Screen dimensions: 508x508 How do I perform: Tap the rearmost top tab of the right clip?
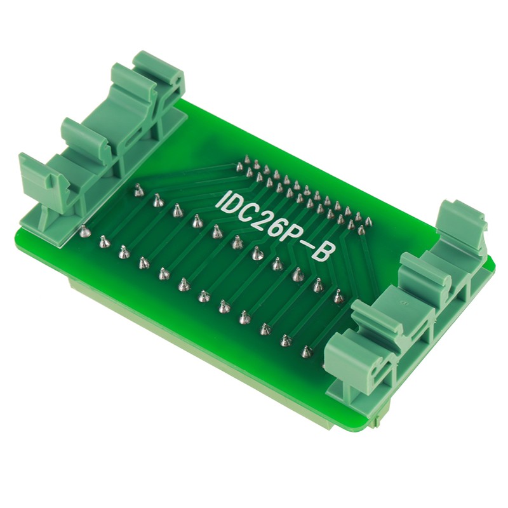click(460, 219)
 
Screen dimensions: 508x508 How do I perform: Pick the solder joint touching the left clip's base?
click(83, 231)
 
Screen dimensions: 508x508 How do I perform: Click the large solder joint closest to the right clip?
click(338, 295)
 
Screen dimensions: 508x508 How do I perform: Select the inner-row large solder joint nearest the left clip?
click(137, 189)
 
